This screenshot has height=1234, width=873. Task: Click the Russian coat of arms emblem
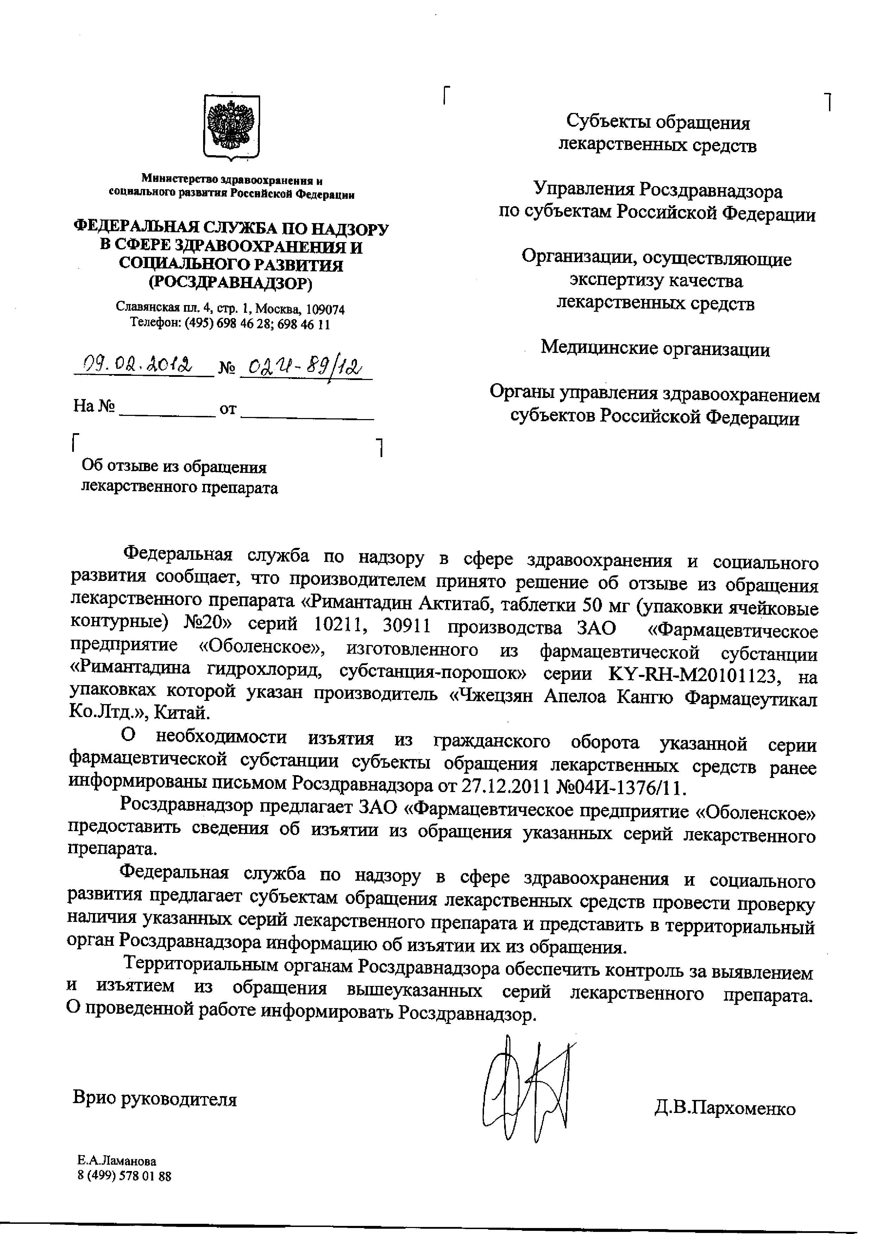pyautogui.click(x=231, y=128)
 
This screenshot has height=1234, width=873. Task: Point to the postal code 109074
pyautogui.click(x=325, y=309)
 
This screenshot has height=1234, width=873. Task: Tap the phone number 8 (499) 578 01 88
pyautogui.click(x=124, y=1177)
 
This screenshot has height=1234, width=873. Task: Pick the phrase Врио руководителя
pyautogui.click(x=155, y=1099)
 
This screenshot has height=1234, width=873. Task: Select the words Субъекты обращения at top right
pyautogui.click(x=658, y=123)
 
